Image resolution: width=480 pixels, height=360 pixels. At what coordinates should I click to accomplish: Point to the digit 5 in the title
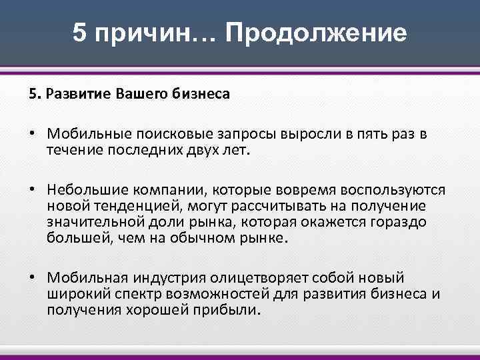[x=80, y=33]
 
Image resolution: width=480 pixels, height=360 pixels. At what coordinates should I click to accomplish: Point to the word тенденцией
[x=118, y=207]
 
